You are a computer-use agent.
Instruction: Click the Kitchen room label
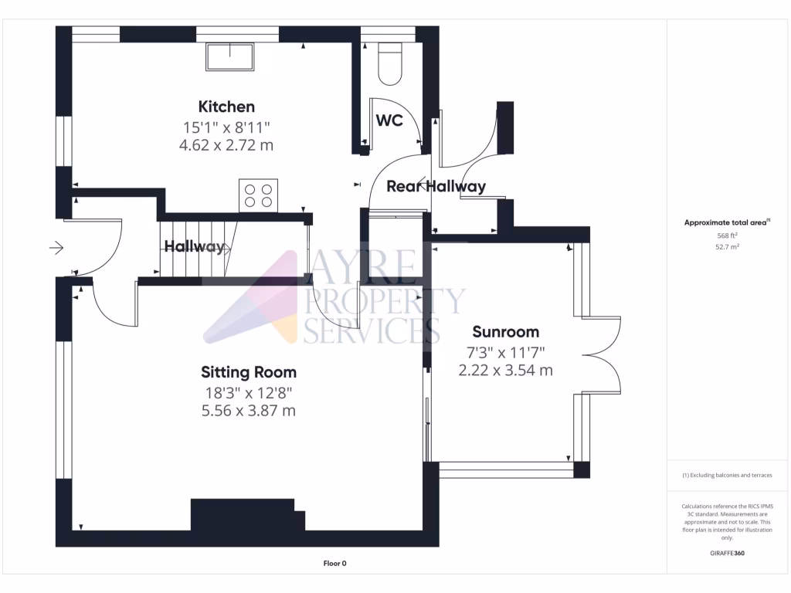point(226,107)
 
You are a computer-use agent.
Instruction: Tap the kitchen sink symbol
point(230,57)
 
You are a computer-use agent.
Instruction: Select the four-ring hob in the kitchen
point(259,195)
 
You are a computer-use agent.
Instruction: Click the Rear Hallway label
point(436,186)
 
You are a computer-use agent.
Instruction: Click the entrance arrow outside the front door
point(56,248)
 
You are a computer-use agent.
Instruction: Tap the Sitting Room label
point(248,372)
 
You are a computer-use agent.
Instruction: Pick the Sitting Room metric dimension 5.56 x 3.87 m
point(248,411)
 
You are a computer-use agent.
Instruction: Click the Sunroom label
point(505,332)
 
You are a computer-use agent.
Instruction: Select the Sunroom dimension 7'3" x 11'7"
point(505,352)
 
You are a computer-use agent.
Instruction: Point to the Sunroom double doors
point(603,355)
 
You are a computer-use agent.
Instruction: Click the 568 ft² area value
point(726,236)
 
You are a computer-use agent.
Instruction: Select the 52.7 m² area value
point(726,247)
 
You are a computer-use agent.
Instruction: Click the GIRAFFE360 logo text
point(726,554)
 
